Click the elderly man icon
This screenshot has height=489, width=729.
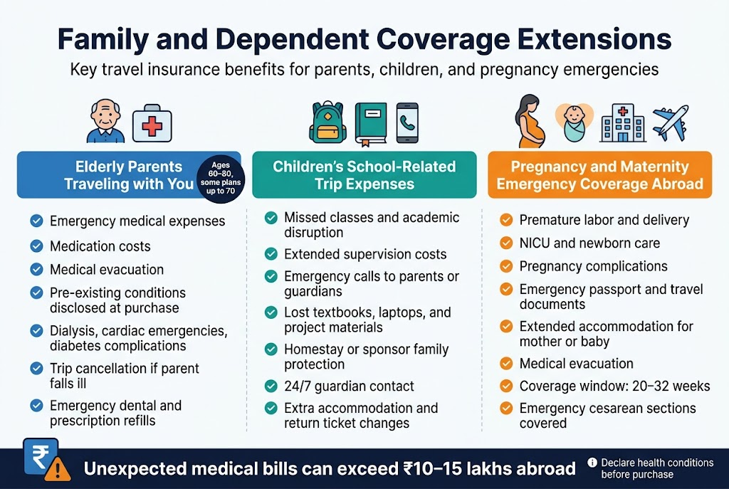[x=105, y=121]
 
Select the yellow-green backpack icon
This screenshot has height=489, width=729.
[x=327, y=122]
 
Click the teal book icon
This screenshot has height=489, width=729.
[x=370, y=122]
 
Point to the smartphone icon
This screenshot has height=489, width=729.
[x=407, y=122]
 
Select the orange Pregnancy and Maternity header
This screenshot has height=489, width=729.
[x=599, y=175]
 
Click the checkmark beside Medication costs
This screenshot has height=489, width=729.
[x=36, y=246]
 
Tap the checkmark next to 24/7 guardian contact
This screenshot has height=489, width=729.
[x=271, y=387]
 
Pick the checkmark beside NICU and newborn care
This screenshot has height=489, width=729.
[x=505, y=243]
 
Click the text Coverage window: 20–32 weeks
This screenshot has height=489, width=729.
[x=614, y=386]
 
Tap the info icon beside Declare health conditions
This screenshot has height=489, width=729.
[x=592, y=463]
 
